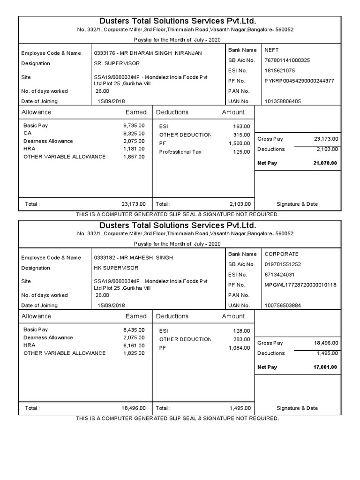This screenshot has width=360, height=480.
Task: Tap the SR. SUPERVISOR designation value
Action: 117,63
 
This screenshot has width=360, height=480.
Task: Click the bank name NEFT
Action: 272,50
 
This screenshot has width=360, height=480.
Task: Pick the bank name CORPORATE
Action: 282,254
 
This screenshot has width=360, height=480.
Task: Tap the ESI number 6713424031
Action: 280,275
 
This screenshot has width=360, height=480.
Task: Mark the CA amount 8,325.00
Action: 134,133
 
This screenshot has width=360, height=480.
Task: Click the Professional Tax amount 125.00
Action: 241,152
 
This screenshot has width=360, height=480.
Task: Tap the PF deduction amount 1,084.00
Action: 240,348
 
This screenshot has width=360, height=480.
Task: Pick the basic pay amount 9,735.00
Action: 134,126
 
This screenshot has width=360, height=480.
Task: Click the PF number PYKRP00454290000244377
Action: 299,81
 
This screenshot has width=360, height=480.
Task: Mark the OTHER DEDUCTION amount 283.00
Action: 241,339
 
